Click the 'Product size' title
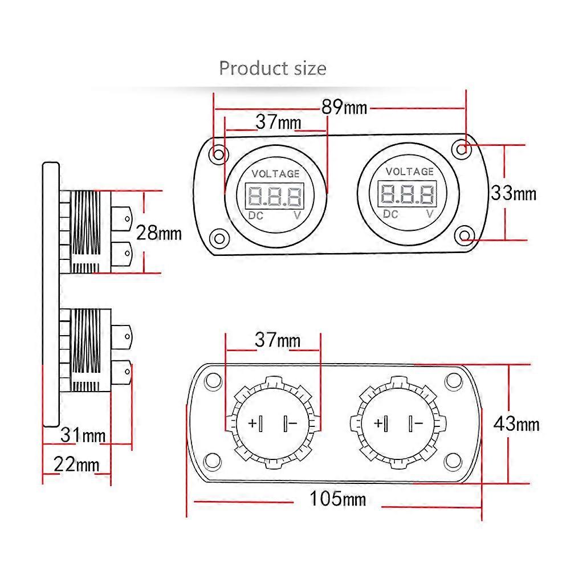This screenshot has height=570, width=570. tap(272, 68)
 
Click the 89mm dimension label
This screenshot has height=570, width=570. tap(344, 107)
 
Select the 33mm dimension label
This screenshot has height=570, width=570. tap(514, 193)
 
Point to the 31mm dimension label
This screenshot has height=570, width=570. tap(83, 435)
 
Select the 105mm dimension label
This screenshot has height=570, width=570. tap(337, 500)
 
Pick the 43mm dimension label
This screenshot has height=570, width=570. tap(516, 424)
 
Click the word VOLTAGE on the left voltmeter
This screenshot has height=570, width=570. tap(275, 174)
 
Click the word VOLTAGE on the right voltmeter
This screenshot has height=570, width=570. tap(410, 172)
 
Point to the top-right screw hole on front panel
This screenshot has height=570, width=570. tap(462, 148)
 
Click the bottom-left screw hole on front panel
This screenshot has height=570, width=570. tap(219, 238)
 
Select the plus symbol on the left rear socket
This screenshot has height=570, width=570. tap(253, 424)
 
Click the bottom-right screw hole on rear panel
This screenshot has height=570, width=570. tap(453, 460)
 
